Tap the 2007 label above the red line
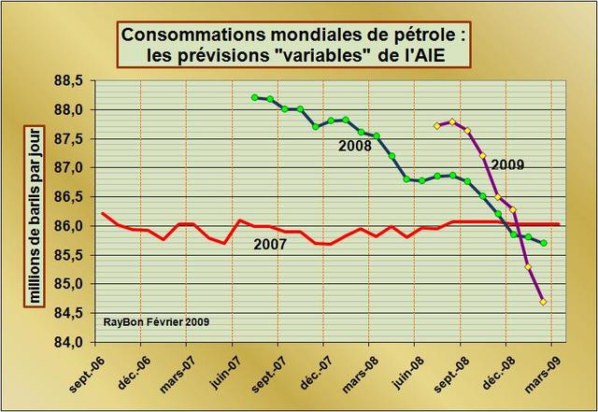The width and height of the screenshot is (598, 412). [x=272, y=245]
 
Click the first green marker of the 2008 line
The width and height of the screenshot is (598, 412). [x=255, y=97]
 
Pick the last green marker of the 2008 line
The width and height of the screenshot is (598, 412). [x=544, y=243]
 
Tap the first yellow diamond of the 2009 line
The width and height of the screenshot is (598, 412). [x=437, y=125]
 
